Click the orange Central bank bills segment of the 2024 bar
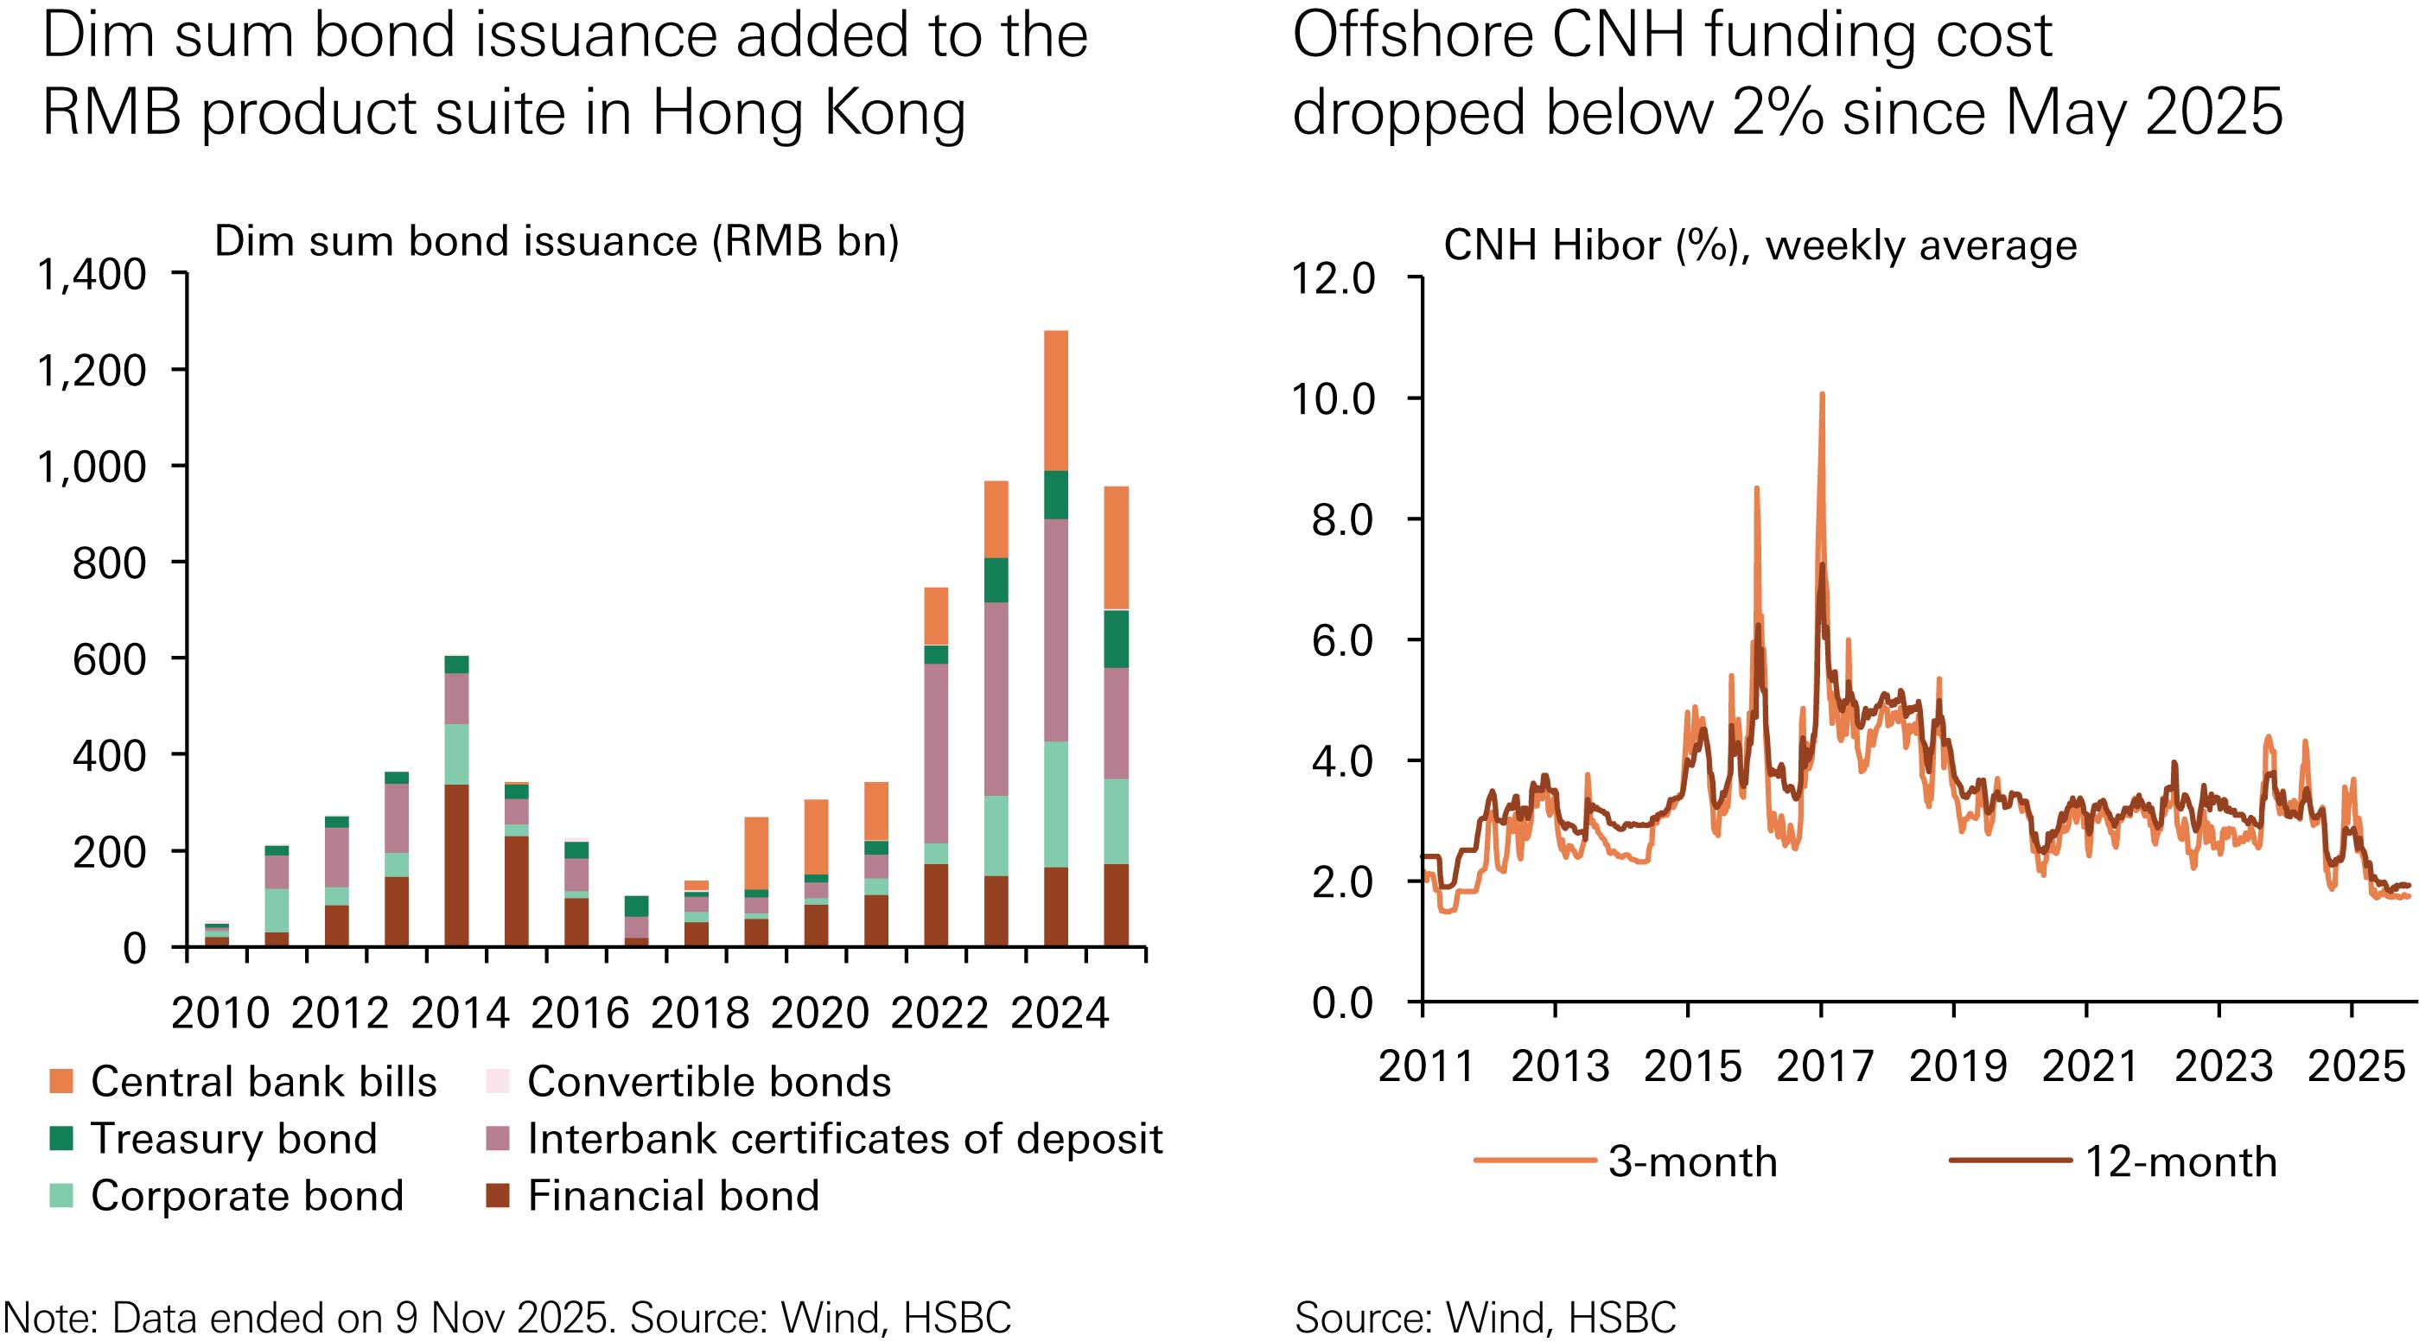[x=1055, y=400]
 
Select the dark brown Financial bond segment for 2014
[x=456, y=864]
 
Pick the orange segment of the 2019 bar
[x=756, y=853]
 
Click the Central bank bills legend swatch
[x=61, y=1082]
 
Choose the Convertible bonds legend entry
[x=708, y=1082]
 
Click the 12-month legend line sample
[x=2009, y=1161]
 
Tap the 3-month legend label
[x=1692, y=1162]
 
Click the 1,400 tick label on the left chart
[x=92, y=275]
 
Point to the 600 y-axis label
[x=110, y=659]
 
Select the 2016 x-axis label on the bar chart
[x=579, y=1014]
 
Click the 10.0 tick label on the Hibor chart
[x=1333, y=399]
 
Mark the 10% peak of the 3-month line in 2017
[x=1822, y=394]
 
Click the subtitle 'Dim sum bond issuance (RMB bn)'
[x=556, y=241]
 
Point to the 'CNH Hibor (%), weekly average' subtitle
[x=1759, y=246]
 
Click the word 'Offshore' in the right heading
[x=1413, y=37]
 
